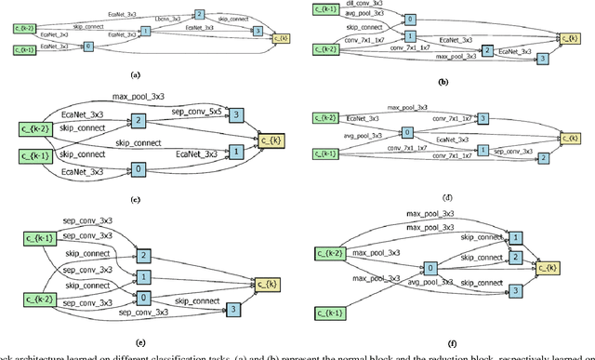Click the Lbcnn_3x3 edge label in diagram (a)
[x=169, y=20]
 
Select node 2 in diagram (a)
[x=199, y=16]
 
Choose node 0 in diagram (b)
[x=413, y=18]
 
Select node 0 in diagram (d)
[x=406, y=133]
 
